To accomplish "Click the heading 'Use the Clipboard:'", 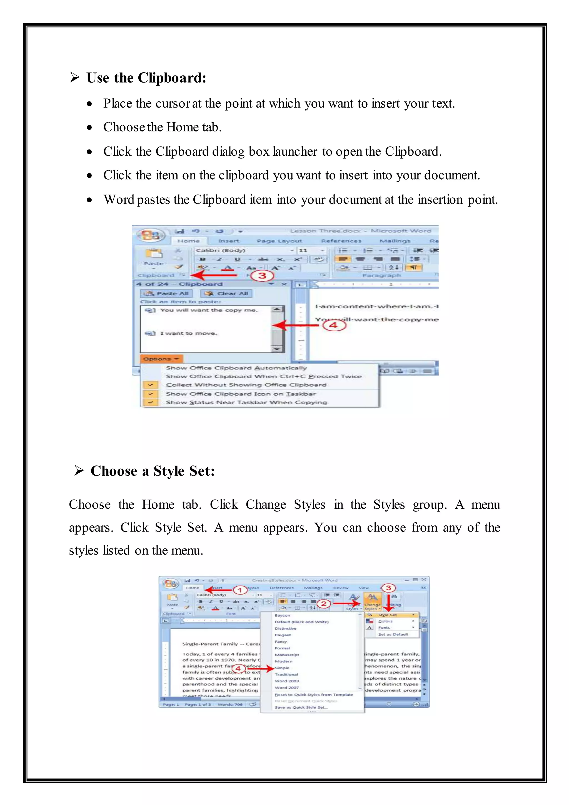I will point(146,78).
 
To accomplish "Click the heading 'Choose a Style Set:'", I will point(153,471).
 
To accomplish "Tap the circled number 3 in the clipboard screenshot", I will point(262,275).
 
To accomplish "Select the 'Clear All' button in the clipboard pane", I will point(227,294).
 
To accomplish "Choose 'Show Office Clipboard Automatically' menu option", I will point(236,368).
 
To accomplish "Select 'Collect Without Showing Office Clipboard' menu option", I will point(246,385).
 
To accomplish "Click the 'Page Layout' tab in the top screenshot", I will point(279,241).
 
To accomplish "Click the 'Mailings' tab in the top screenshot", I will point(395,241).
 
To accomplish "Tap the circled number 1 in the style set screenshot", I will point(240,590).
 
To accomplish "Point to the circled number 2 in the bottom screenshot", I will point(323,603).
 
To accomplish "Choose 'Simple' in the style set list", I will point(282,668).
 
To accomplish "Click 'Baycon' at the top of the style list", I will point(282,615).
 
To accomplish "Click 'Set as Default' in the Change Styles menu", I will point(393,634).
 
